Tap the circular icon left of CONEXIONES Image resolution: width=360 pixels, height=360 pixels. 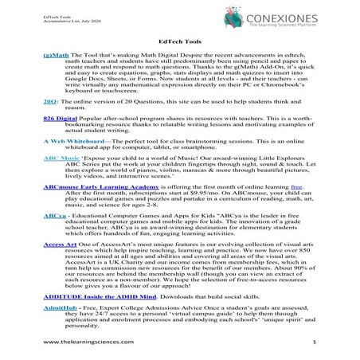coord(252,18)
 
